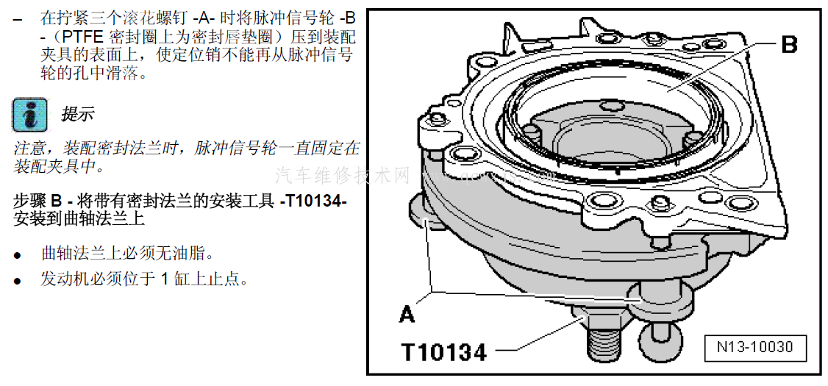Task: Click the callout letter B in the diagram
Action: tap(788, 44)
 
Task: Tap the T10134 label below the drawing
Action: tap(443, 352)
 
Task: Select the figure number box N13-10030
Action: tap(755, 348)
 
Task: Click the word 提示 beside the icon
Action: tap(78, 113)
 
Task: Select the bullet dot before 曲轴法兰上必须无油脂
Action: tap(18, 255)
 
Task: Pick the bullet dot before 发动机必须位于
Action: tap(18, 281)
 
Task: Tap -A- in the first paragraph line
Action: tap(204, 19)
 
